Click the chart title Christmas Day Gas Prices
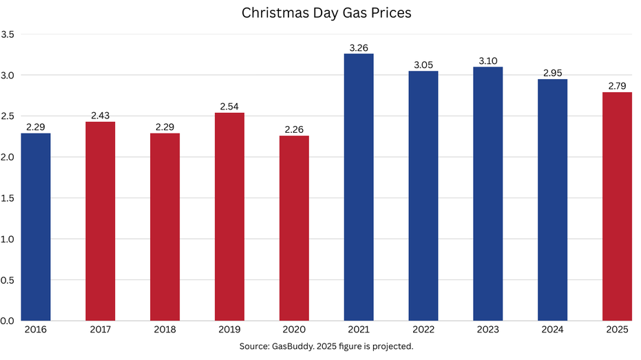click(x=326, y=13)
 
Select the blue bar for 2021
click(x=359, y=187)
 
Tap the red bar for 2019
click(x=229, y=216)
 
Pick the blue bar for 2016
click(x=35, y=226)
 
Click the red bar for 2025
click(x=617, y=206)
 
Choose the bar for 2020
click(x=294, y=228)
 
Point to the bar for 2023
click(x=488, y=193)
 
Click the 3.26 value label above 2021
click(x=359, y=47)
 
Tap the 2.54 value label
click(x=229, y=107)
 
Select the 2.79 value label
click(x=617, y=86)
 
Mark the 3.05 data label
click(x=423, y=65)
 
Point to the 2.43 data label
click(x=100, y=116)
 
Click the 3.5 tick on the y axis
click(x=9, y=34)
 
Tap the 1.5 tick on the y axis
click(x=9, y=198)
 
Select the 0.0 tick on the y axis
click(x=9, y=321)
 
